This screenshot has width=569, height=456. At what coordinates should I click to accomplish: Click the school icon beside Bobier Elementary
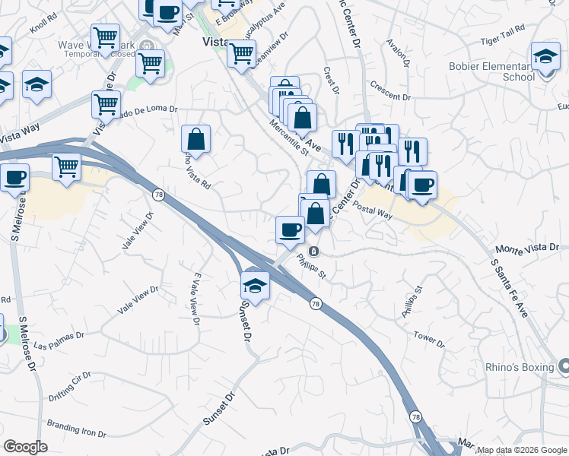tap(545, 58)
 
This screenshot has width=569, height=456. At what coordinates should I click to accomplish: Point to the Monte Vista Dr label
tap(527, 249)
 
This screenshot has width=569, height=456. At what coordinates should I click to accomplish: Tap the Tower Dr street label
tap(429, 337)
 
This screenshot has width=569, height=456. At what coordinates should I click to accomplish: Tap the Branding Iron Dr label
tap(78, 429)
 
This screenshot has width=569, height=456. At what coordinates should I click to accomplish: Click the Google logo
tap(25, 448)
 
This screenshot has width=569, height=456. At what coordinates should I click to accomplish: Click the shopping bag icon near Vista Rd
tap(196, 139)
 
